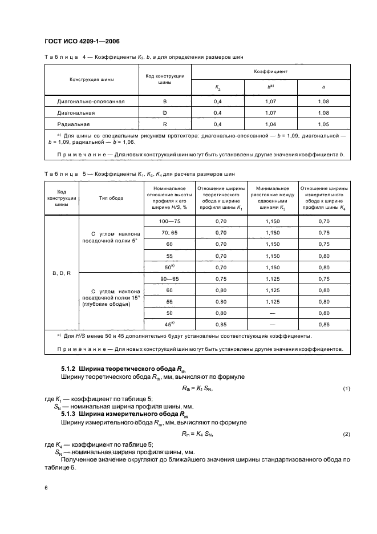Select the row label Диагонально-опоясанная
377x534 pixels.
(x=91, y=102)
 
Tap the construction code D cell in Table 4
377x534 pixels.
(x=164, y=112)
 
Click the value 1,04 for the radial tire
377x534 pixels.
(x=270, y=123)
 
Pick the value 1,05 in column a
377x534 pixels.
(x=323, y=123)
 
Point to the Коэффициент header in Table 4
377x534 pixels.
(x=270, y=72)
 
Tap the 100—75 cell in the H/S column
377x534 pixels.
(x=169, y=221)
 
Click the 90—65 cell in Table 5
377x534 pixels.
(x=169, y=279)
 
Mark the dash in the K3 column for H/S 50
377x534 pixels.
(x=271, y=313)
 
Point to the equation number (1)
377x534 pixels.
(x=346, y=389)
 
